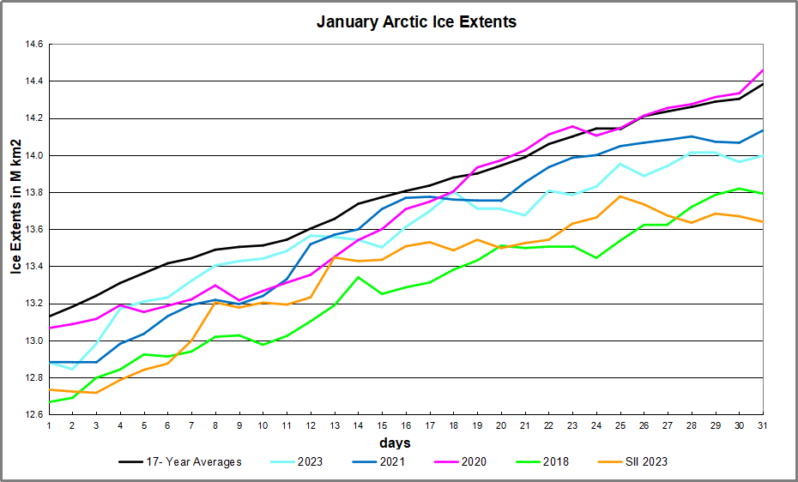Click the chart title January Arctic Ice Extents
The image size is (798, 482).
[416, 21]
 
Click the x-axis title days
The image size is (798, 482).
[396, 443]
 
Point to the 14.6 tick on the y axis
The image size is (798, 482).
[33, 45]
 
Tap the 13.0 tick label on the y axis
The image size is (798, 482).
[33, 340]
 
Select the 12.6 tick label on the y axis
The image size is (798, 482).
[33, 414]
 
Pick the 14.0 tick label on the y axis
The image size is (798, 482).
[33, 155]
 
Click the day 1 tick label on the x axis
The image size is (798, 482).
[49, 426]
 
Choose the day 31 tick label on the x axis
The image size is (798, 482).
[763, 426]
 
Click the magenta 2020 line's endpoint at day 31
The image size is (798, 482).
[763, 70]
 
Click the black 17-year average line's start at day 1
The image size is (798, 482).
[49, 316]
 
